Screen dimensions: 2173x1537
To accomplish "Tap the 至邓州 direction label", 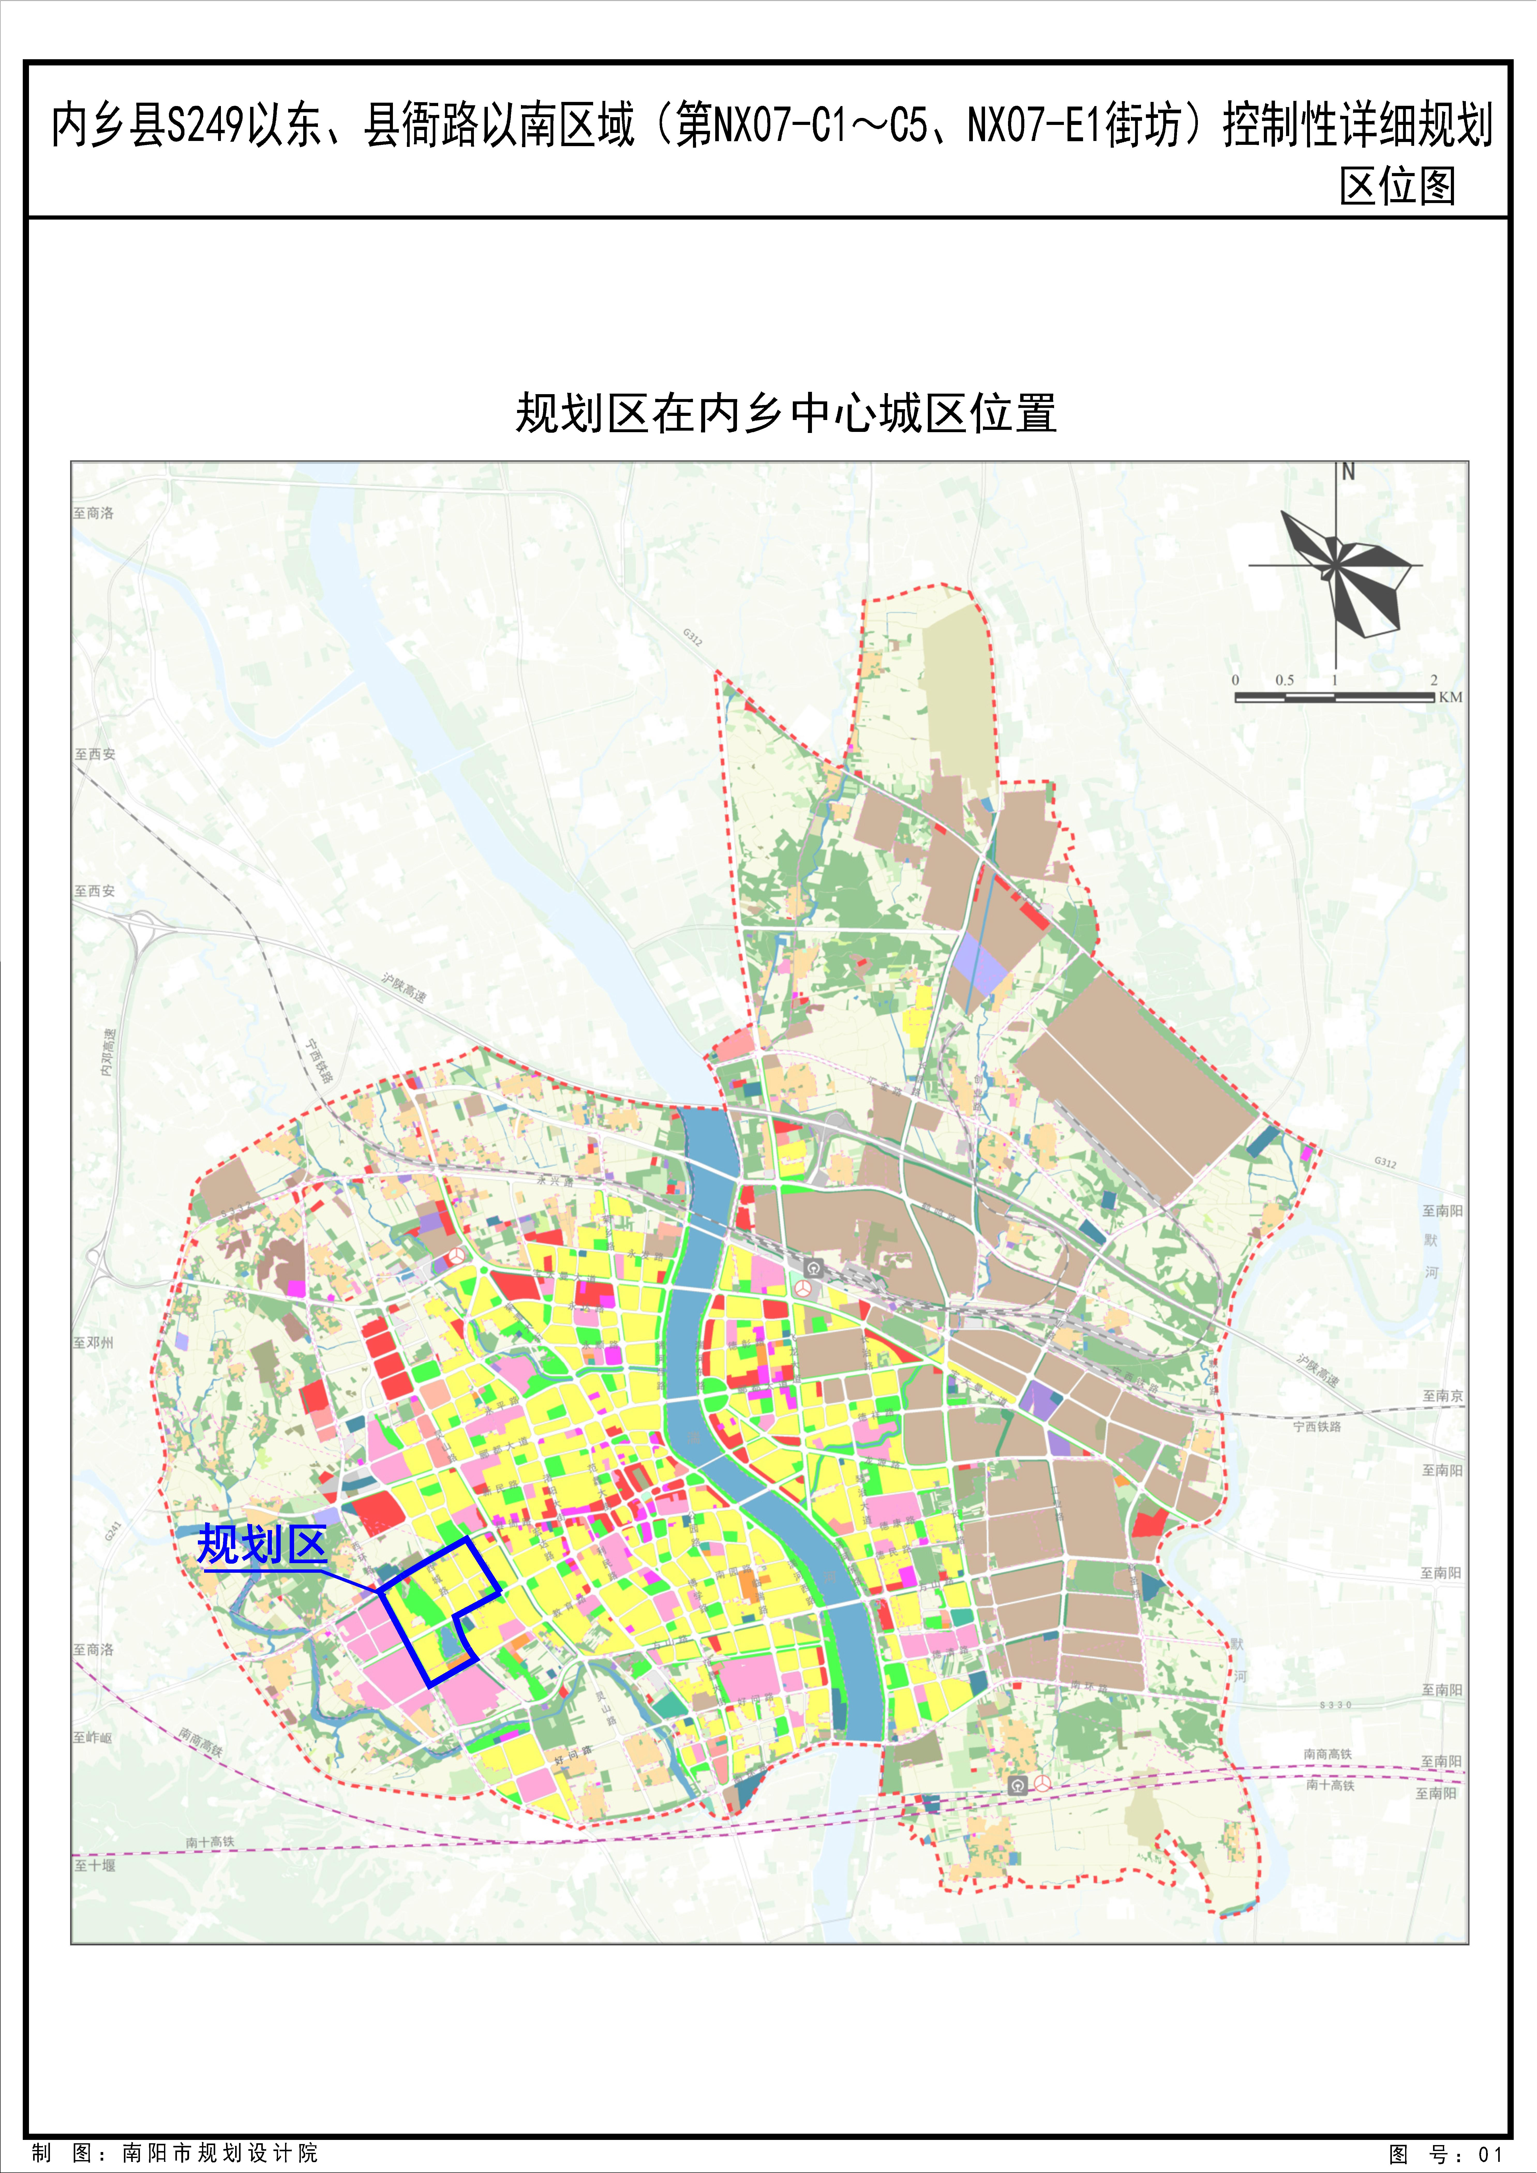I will pos(94,1342).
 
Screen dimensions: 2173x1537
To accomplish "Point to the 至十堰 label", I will pos(95,1865).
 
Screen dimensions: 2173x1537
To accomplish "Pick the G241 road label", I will pos(114,1530).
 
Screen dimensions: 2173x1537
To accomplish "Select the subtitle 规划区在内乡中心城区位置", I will pos(786,414).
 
